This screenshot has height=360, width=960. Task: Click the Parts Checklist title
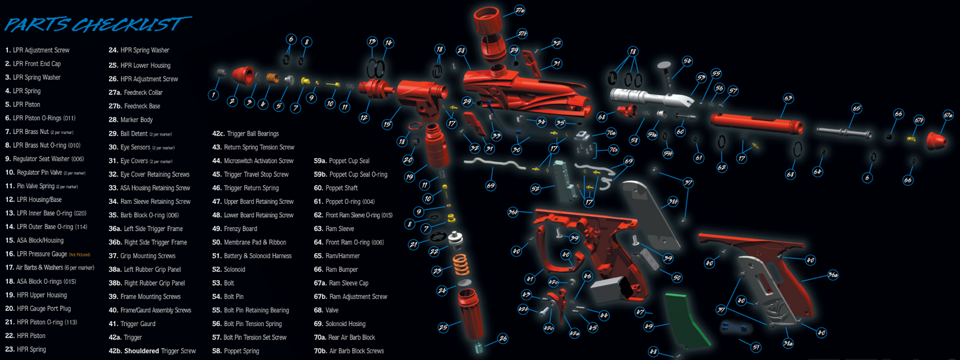(x=93, y=25)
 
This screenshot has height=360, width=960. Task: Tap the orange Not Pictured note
(x=79, y=254)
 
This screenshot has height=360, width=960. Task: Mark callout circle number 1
(x=213, y=95)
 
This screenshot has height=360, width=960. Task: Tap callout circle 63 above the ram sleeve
(x=788, y=98)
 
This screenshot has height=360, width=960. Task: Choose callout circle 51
(x=755, y=347)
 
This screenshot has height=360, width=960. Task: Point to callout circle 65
(x=856, y=108)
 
